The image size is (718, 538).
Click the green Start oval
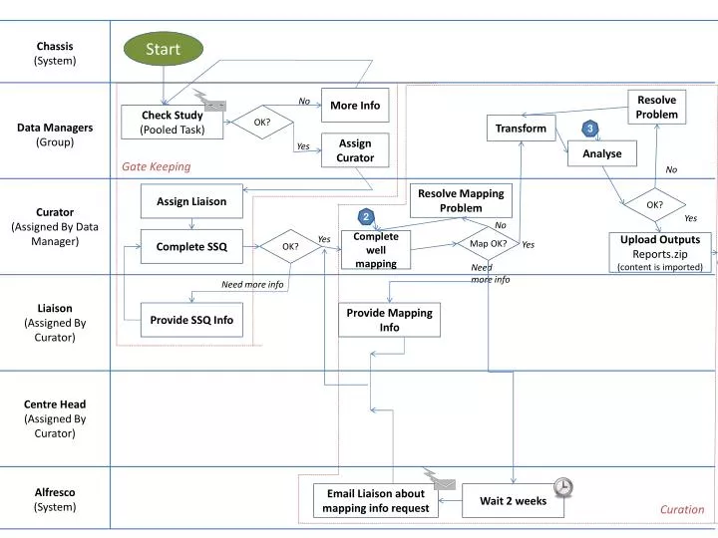click(163, 49)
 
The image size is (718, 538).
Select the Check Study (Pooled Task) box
click(172, 123)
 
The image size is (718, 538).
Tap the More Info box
click(355, 105)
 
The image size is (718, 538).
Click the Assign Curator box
click(355, 150)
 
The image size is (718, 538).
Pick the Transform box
click(521, 128)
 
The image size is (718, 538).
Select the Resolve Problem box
click(656, 108)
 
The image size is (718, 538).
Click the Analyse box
click(601, 153)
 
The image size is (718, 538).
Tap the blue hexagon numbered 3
click(590, 129)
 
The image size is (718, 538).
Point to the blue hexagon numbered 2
click(366, 217)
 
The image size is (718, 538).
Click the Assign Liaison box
click(191, 201)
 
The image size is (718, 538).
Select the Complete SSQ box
click(191, 246)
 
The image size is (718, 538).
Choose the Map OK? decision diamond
click(488, 244)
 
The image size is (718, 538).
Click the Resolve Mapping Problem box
click(461, 200)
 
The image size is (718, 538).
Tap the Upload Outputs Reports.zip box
click(660, 253)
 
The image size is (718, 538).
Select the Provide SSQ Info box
click(191, 320)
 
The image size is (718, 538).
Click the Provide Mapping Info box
click(389, 320)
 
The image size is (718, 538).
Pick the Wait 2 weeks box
click(513, 501)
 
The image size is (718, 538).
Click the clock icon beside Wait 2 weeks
click(563, 486)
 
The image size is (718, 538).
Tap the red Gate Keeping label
click(156, 166)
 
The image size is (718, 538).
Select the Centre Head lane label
click(55, 418)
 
